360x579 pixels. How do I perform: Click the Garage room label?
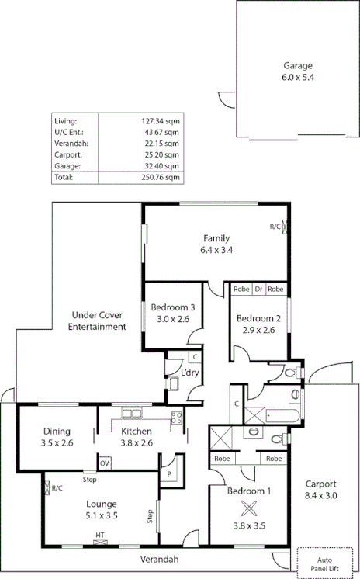[x=298, y=66]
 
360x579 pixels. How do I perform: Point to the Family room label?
[x=216, y=237]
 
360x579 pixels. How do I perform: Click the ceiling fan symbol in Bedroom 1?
[x=249, y=509]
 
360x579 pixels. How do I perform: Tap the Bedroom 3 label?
[x=172, y=307]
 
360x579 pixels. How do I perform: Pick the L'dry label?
[x=190, y=373]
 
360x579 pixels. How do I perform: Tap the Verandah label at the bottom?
[x=159, y=559]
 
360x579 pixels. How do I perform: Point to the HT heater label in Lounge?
[x=100, y=535]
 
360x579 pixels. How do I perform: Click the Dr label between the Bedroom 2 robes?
[x=259, y=289]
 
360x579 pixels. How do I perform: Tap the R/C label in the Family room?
[x=275, y=227]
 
